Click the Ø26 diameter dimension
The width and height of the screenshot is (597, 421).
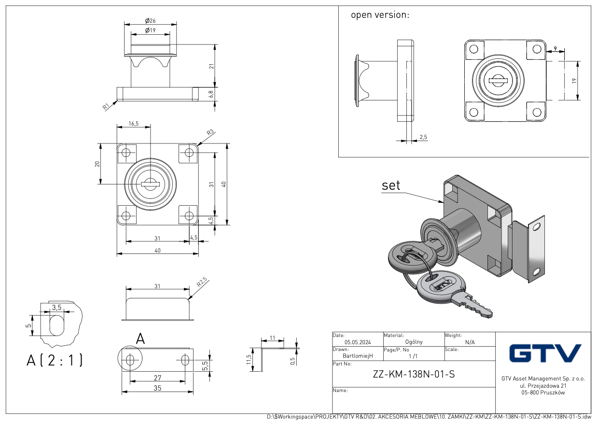150,21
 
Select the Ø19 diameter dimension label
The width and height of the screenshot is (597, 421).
150,31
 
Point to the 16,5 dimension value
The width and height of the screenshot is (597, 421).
133,124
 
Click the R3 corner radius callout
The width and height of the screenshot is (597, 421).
210,133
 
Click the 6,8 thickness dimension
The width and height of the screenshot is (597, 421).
211,94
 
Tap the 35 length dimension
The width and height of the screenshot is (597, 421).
157,388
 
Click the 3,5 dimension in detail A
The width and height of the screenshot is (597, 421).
56,308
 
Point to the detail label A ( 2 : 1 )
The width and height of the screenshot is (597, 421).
55,360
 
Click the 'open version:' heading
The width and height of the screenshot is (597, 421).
380,15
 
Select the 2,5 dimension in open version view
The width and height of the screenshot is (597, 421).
423,138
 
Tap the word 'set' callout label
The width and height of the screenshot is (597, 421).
391,185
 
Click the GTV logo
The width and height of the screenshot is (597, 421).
545,353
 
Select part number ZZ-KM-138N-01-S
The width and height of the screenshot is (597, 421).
414,374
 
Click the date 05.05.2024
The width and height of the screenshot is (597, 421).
358,342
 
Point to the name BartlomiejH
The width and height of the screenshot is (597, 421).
358,356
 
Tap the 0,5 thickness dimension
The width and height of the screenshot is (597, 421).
292,361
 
